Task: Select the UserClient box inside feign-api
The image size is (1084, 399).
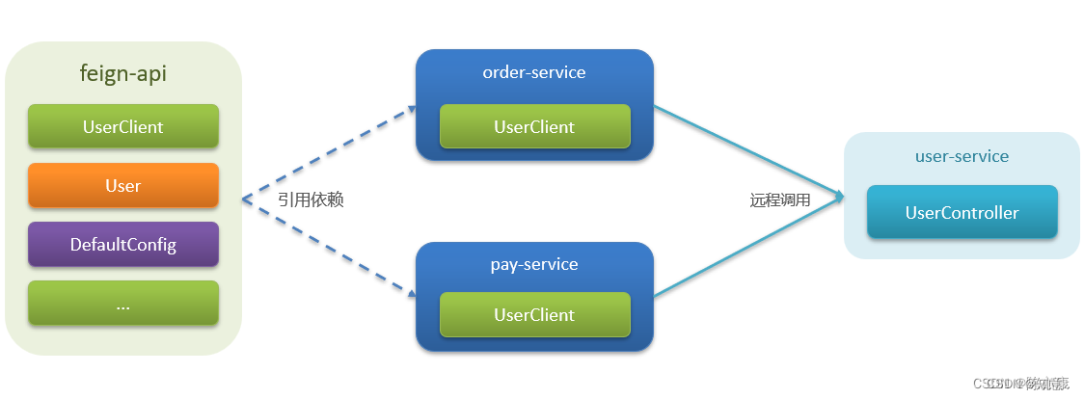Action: [x=123, y=126]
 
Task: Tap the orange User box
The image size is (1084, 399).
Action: [x=123, y=185]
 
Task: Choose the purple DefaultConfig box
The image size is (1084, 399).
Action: [x=123, y=244]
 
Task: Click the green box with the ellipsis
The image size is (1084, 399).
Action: [x=123, y=303]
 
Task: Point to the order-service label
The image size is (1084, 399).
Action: [x=534, y=72]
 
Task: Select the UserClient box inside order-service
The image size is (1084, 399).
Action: [x=534, y=126]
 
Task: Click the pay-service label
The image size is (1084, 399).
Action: [x=534, y=263]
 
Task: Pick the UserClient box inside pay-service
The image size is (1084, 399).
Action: [x=534, y=314]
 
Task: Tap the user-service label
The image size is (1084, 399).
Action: [x=962, y=156]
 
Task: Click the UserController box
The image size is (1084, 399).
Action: [x=962, y=212]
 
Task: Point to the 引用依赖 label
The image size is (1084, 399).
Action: [x=311, y=199]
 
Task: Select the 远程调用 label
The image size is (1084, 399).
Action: [x=780, y=200]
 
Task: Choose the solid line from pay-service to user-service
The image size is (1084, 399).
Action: [x=747, y=247]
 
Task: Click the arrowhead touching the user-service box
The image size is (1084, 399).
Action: [x=838, y=198]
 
